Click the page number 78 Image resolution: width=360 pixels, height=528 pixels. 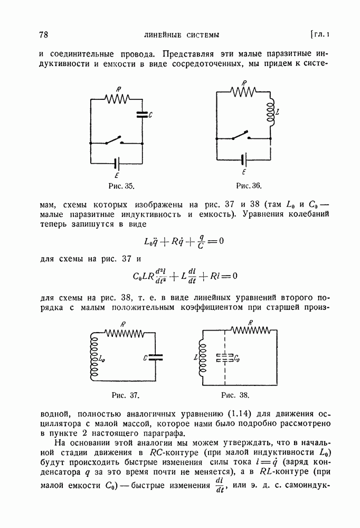[44, 35]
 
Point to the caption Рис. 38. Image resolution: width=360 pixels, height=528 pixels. [235, 394]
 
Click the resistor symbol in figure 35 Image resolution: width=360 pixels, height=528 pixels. [117, 98]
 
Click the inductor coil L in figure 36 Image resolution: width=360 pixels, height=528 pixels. [270, 112]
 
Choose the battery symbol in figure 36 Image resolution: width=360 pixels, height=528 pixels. [244, 158]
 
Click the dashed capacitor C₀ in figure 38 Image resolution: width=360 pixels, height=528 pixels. [225, 358]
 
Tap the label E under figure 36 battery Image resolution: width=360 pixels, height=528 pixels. [244, 173]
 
